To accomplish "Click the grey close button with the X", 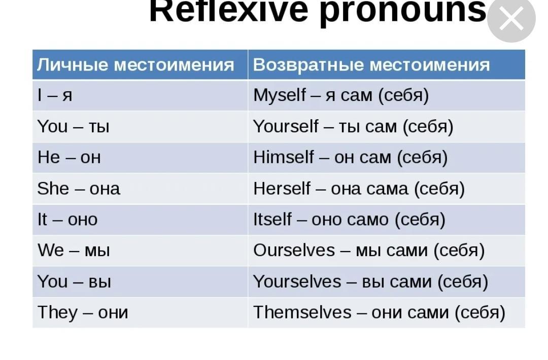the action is pos(511,18).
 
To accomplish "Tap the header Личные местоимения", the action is pos(135,65).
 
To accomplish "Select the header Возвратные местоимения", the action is pos(371,65).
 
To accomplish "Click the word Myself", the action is pos(280,95).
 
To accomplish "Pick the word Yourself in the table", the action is pos(286,126).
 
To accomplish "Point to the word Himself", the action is pos(284,158).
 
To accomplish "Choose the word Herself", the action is pos(282,189).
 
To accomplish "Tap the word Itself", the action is pos(272,220).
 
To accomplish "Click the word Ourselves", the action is pos(294,250).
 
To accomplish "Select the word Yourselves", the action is pos(297,281).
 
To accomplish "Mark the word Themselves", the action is pos(302,312).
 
